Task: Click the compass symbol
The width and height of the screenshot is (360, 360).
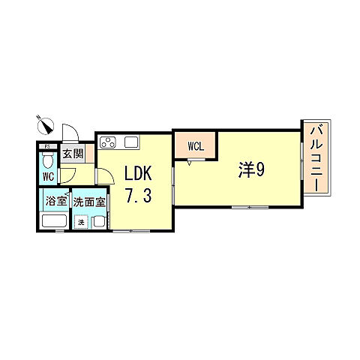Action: (x=45, y=125)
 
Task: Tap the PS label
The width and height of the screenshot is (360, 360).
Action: (x=47, y=147)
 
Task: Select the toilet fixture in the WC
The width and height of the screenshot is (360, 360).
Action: (x=47, y=160)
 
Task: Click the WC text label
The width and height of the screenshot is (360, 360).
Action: (x=48, y=176)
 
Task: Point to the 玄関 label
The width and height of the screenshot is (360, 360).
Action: (x=73, y=154)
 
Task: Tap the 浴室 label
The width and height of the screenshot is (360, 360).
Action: (x=56, y=201)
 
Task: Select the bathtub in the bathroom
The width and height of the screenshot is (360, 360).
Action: (x=54, y=220)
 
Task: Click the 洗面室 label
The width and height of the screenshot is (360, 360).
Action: (x=89, y=202)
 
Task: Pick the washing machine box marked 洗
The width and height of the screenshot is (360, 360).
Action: (x=81, y=222)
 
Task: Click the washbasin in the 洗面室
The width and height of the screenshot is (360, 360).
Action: (x=99, y=222)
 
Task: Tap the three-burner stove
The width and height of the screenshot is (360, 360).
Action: (x=108, y=142)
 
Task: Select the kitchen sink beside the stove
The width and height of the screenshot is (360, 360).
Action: (x=131, y=142)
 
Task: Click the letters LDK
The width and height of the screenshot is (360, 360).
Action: (x=138, y=173)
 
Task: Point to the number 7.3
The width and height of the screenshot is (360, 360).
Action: (x=138, y=196)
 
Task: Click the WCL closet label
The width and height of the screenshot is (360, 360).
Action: (x=196, y=146)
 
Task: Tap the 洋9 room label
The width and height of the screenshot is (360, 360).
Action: (x=251, y=170)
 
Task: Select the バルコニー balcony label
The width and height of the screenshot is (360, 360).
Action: (x=316, y=160)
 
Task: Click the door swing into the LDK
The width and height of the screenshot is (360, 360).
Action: (x=106, y=176)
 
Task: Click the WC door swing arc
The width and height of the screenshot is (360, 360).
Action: (x=68, y=175)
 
